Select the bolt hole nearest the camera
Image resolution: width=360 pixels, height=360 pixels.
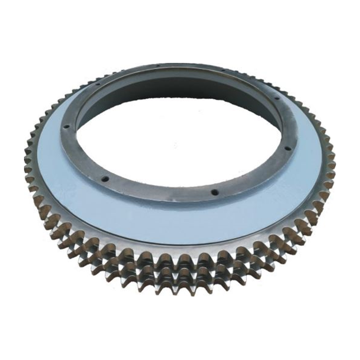pyautogui.click(x=215, y=192)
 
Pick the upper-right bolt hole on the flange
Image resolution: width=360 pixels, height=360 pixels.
pyautogui.click(x=277, y=98)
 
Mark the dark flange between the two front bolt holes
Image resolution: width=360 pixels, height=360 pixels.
pyautogui.click(x=158, y=192)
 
